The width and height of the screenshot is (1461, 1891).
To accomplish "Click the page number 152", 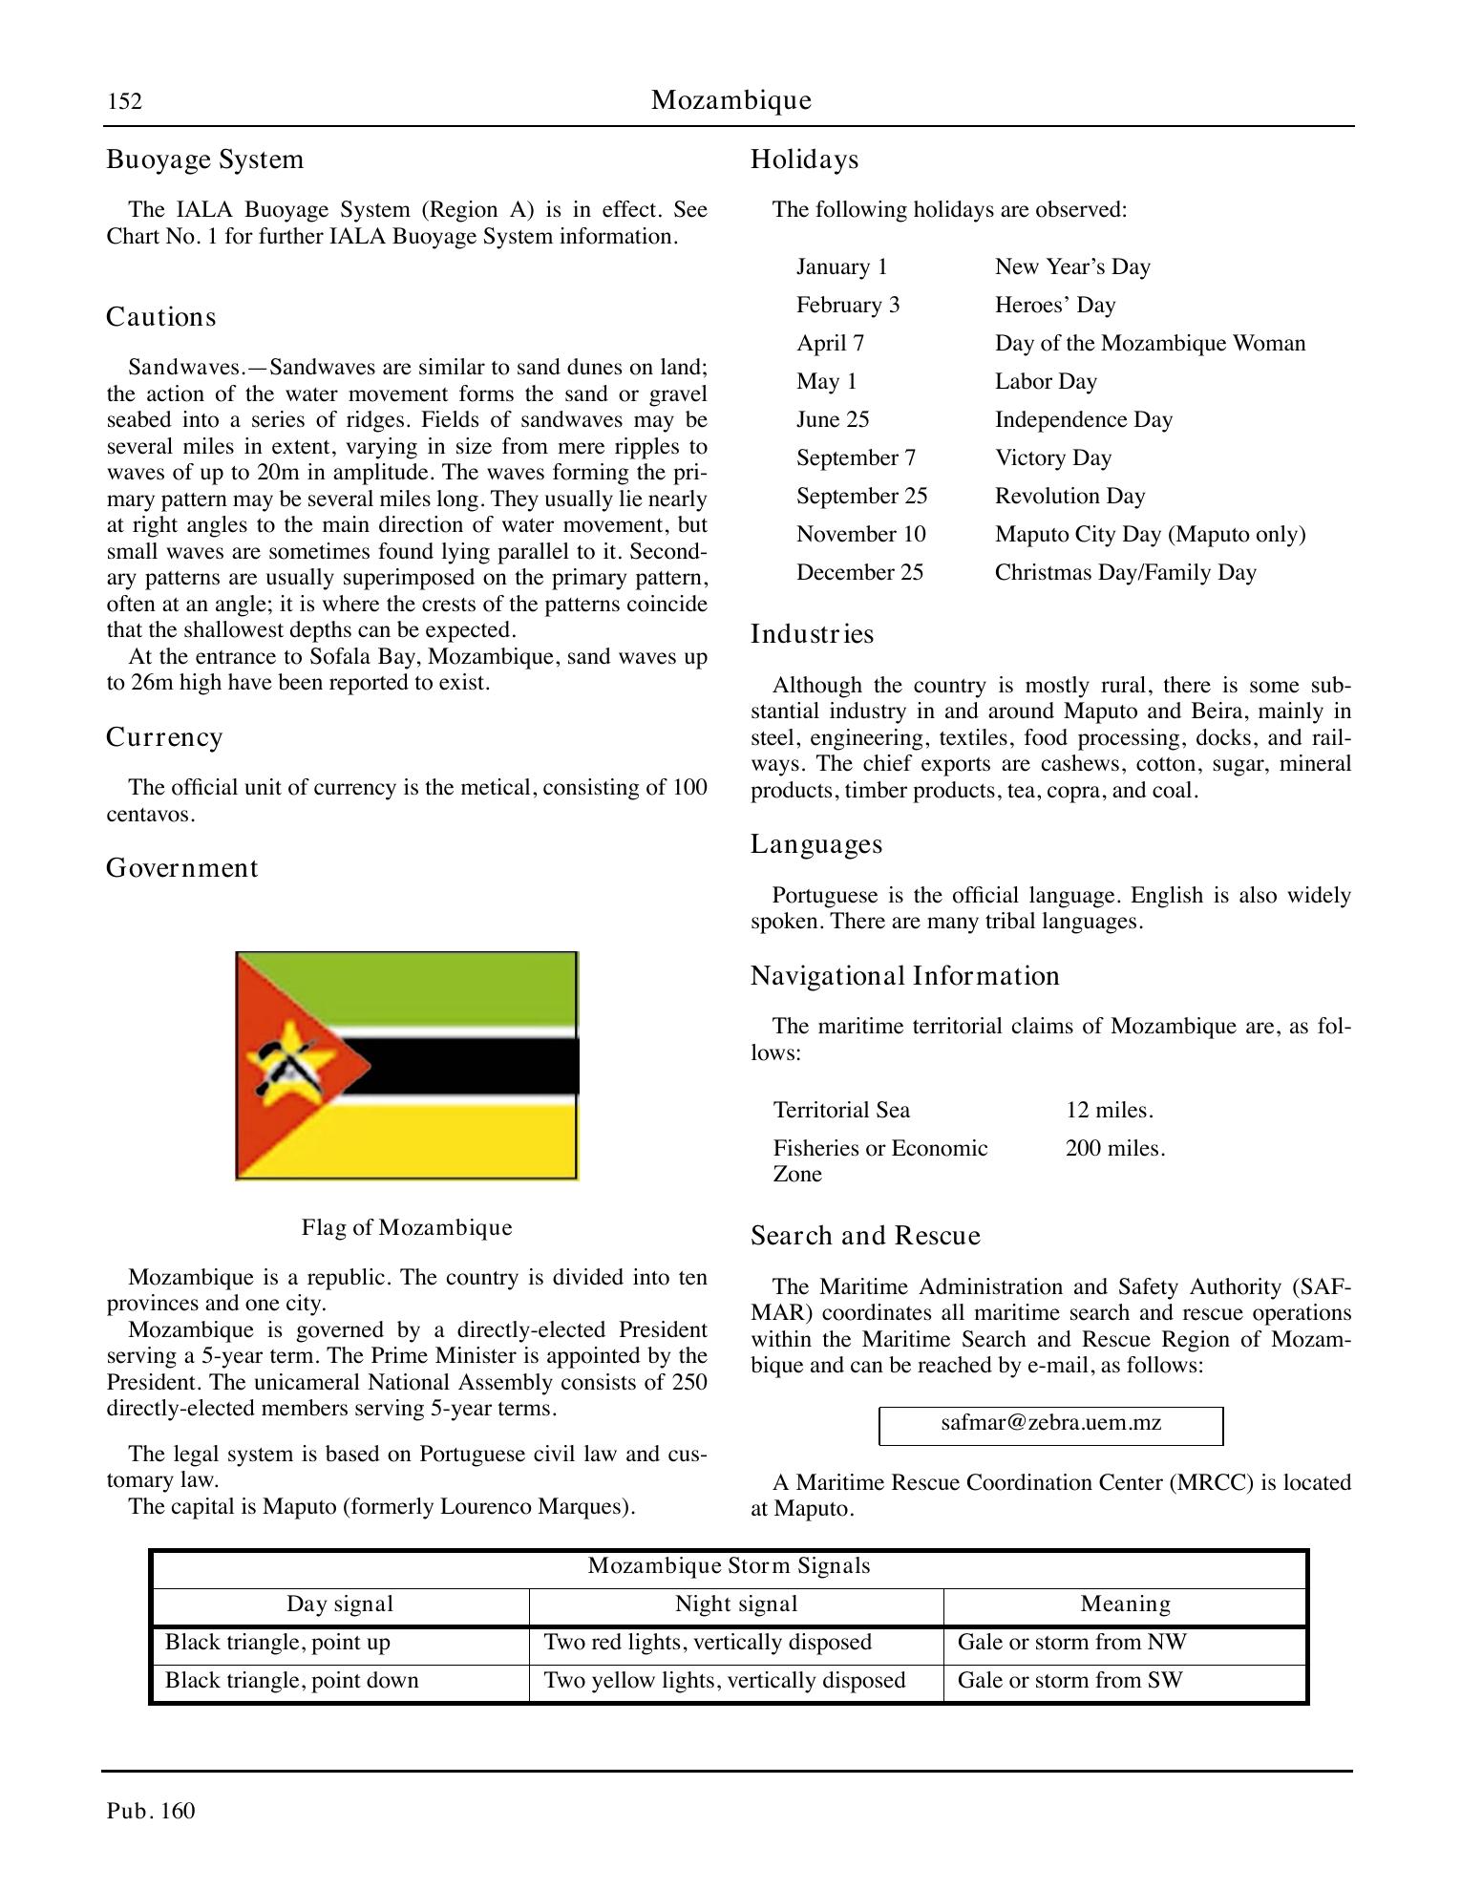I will click(124, 101).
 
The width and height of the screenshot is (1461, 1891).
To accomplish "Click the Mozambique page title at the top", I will click(730, 100).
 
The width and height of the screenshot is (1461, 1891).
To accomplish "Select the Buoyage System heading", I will click(204, 159).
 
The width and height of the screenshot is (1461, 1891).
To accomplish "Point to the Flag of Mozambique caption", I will click(407, 1227).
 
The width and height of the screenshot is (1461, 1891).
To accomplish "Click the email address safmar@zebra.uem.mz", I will click(1050, 1423).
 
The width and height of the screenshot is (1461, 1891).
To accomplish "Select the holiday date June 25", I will click(833, 420).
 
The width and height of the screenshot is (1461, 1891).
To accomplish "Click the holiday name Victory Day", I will click(1052, 458).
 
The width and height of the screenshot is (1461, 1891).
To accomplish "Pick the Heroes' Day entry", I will click(1054, 306).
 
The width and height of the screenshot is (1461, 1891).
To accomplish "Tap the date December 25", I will click(859, 573).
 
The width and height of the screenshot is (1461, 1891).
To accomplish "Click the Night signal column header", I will click(735, 1604).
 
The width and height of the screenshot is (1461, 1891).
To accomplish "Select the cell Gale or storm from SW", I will click(1069, 1681).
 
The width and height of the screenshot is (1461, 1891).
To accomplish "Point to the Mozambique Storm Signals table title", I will click(729, 1566).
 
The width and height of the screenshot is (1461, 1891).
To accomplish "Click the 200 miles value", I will click(1114, 1149).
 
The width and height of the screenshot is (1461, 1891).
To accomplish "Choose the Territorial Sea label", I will click(841, 1111).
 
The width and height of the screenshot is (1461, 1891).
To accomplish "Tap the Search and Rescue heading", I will click(865, 1237).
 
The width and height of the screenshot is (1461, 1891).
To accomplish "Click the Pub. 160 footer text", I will click(151, 1812).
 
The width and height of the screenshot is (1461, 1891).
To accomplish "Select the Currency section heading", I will click(164, 737).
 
